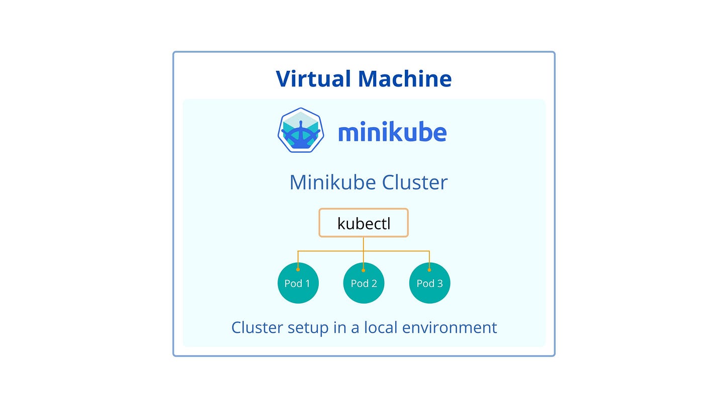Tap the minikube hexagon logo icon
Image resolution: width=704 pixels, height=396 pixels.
[300, 130]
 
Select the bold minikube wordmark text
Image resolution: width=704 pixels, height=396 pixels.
[392, 133]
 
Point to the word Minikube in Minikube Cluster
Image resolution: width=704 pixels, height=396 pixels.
[332, 182]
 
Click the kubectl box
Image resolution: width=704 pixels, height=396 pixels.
[364, 223]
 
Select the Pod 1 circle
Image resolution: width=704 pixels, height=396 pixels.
[298, 283]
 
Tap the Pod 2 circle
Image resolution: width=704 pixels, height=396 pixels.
[364, 283]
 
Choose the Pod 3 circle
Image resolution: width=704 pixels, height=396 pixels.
[429, 283]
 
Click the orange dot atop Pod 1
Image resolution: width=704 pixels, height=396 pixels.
[298, 269]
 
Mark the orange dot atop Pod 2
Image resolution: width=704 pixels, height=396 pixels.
[364, 269]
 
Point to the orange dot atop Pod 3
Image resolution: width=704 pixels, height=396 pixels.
[429, 269]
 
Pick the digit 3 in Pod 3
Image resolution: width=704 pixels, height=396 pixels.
[440, 283]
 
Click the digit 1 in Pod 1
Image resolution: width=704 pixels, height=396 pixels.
[308, 283]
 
